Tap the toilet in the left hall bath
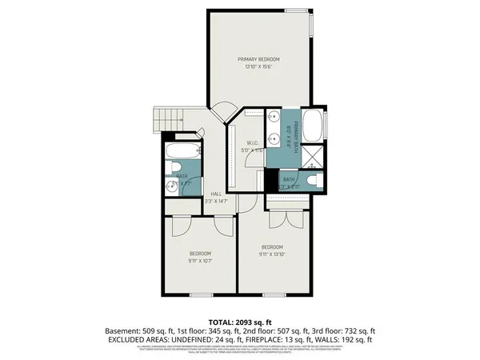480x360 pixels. pos(176,169)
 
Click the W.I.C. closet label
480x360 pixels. pos(253,143)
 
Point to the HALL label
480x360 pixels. pos(216,194)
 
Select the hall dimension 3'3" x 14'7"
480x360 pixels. pos(216,202)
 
